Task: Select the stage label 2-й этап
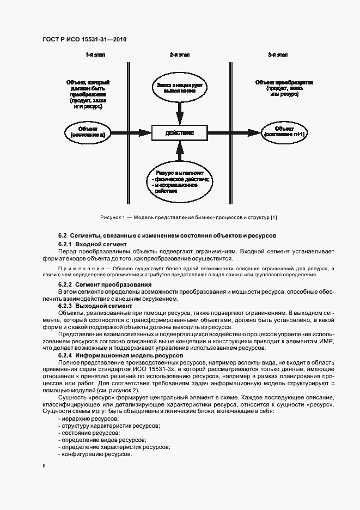pos(179,56)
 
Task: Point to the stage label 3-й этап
pos(277,56)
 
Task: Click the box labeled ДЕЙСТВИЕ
pos(179,132)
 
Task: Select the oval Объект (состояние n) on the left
pos(87,132)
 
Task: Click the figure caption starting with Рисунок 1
pos(188,217)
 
